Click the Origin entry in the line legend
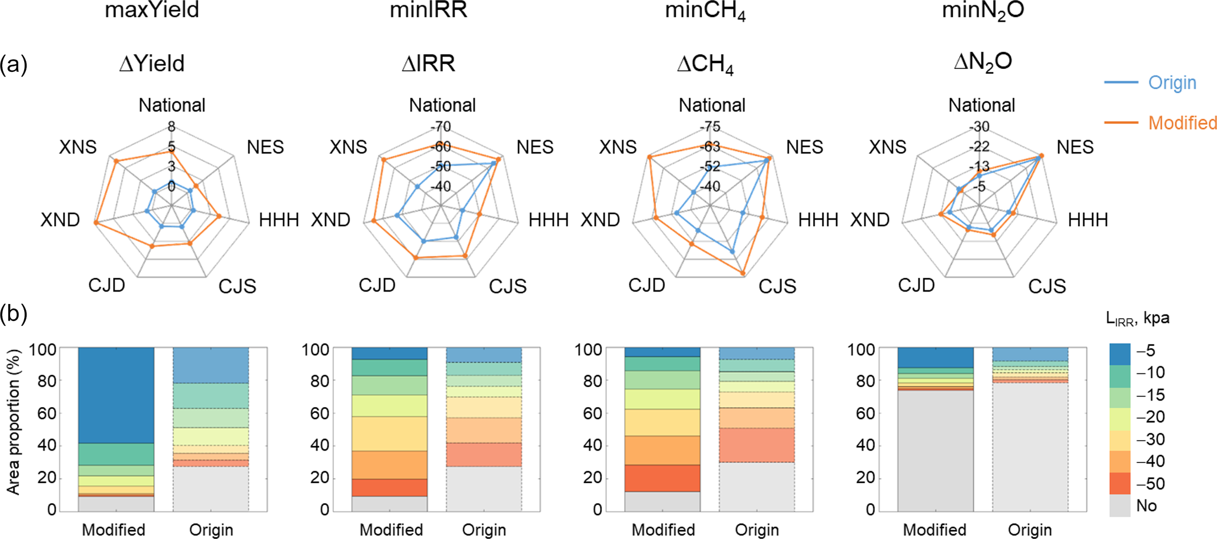click(1172, 82)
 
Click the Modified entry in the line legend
click(1182, 123)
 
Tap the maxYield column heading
click(152, 10)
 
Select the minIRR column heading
click(428, 10)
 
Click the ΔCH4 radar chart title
click(705, 64)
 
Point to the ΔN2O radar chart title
click(983, 62)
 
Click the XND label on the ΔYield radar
click(60, 220)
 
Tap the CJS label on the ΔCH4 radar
click(777, 286)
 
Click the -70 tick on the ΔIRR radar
click(440, 127)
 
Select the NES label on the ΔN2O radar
click(1075, 147)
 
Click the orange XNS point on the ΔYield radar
click(116, 161)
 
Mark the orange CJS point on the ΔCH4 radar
click(742, 273)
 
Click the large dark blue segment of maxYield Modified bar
click(116, 395)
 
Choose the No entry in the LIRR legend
click(1146, 505)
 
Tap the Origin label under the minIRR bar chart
click(483, 530)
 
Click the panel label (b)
click(14, 313)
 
